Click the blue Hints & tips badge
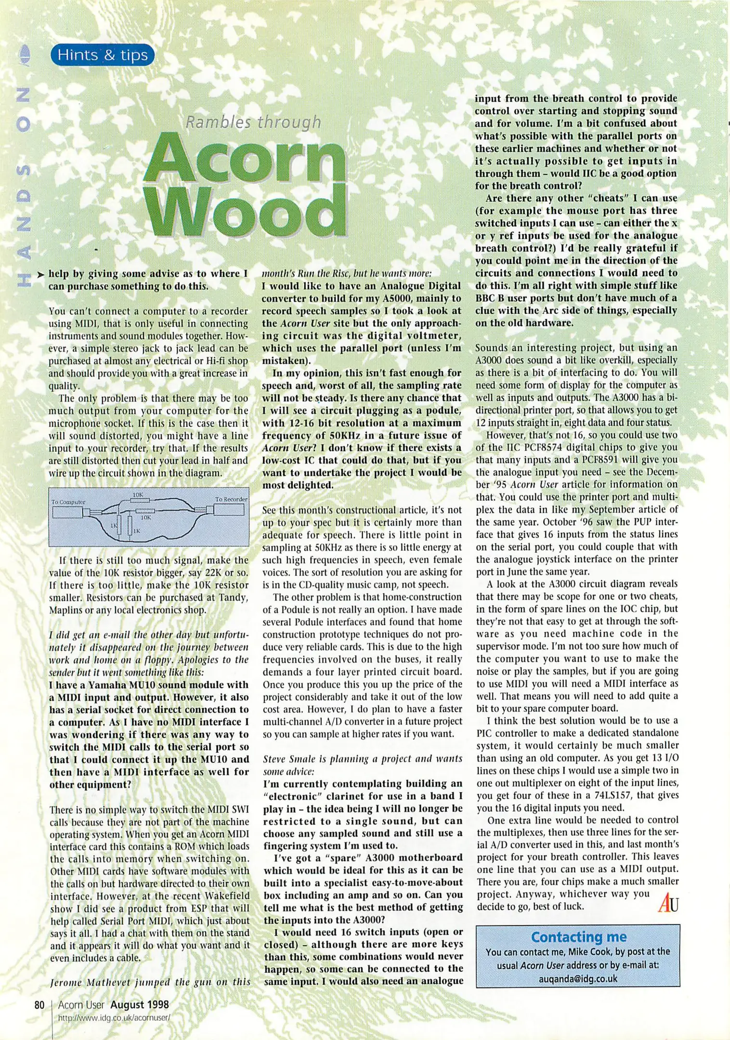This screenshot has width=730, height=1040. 102,55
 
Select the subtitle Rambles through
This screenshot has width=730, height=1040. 253,122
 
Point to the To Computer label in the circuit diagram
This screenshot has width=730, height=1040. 68,502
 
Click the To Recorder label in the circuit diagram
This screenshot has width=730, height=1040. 231,499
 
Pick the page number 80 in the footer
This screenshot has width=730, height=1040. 39,1005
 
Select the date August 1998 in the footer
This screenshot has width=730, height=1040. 140,1005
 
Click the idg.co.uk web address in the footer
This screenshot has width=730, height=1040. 114,1018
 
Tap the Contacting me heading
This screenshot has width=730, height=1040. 578,937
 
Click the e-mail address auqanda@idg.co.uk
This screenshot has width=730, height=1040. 578,979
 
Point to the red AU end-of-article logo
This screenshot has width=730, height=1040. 668,903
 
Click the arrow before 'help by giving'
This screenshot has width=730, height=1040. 41,274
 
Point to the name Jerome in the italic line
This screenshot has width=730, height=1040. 65,982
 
